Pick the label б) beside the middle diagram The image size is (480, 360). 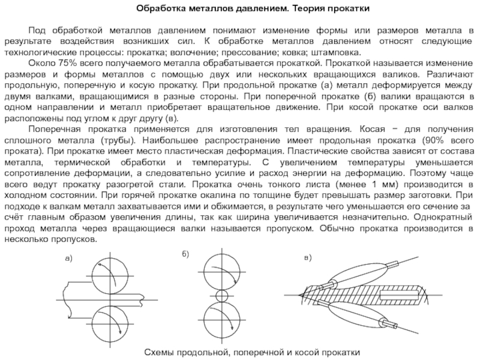coord(184,255)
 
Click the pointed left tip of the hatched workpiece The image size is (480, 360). coord(298,295)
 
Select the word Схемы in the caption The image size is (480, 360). coord(159,350)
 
